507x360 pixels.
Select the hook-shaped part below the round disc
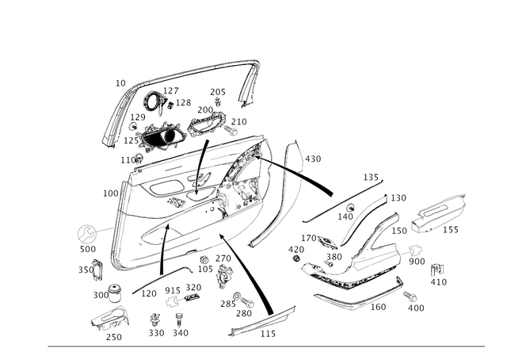[97, 271]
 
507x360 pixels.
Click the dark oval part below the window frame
[158, 140]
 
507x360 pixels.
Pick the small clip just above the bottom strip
[242, 304]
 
